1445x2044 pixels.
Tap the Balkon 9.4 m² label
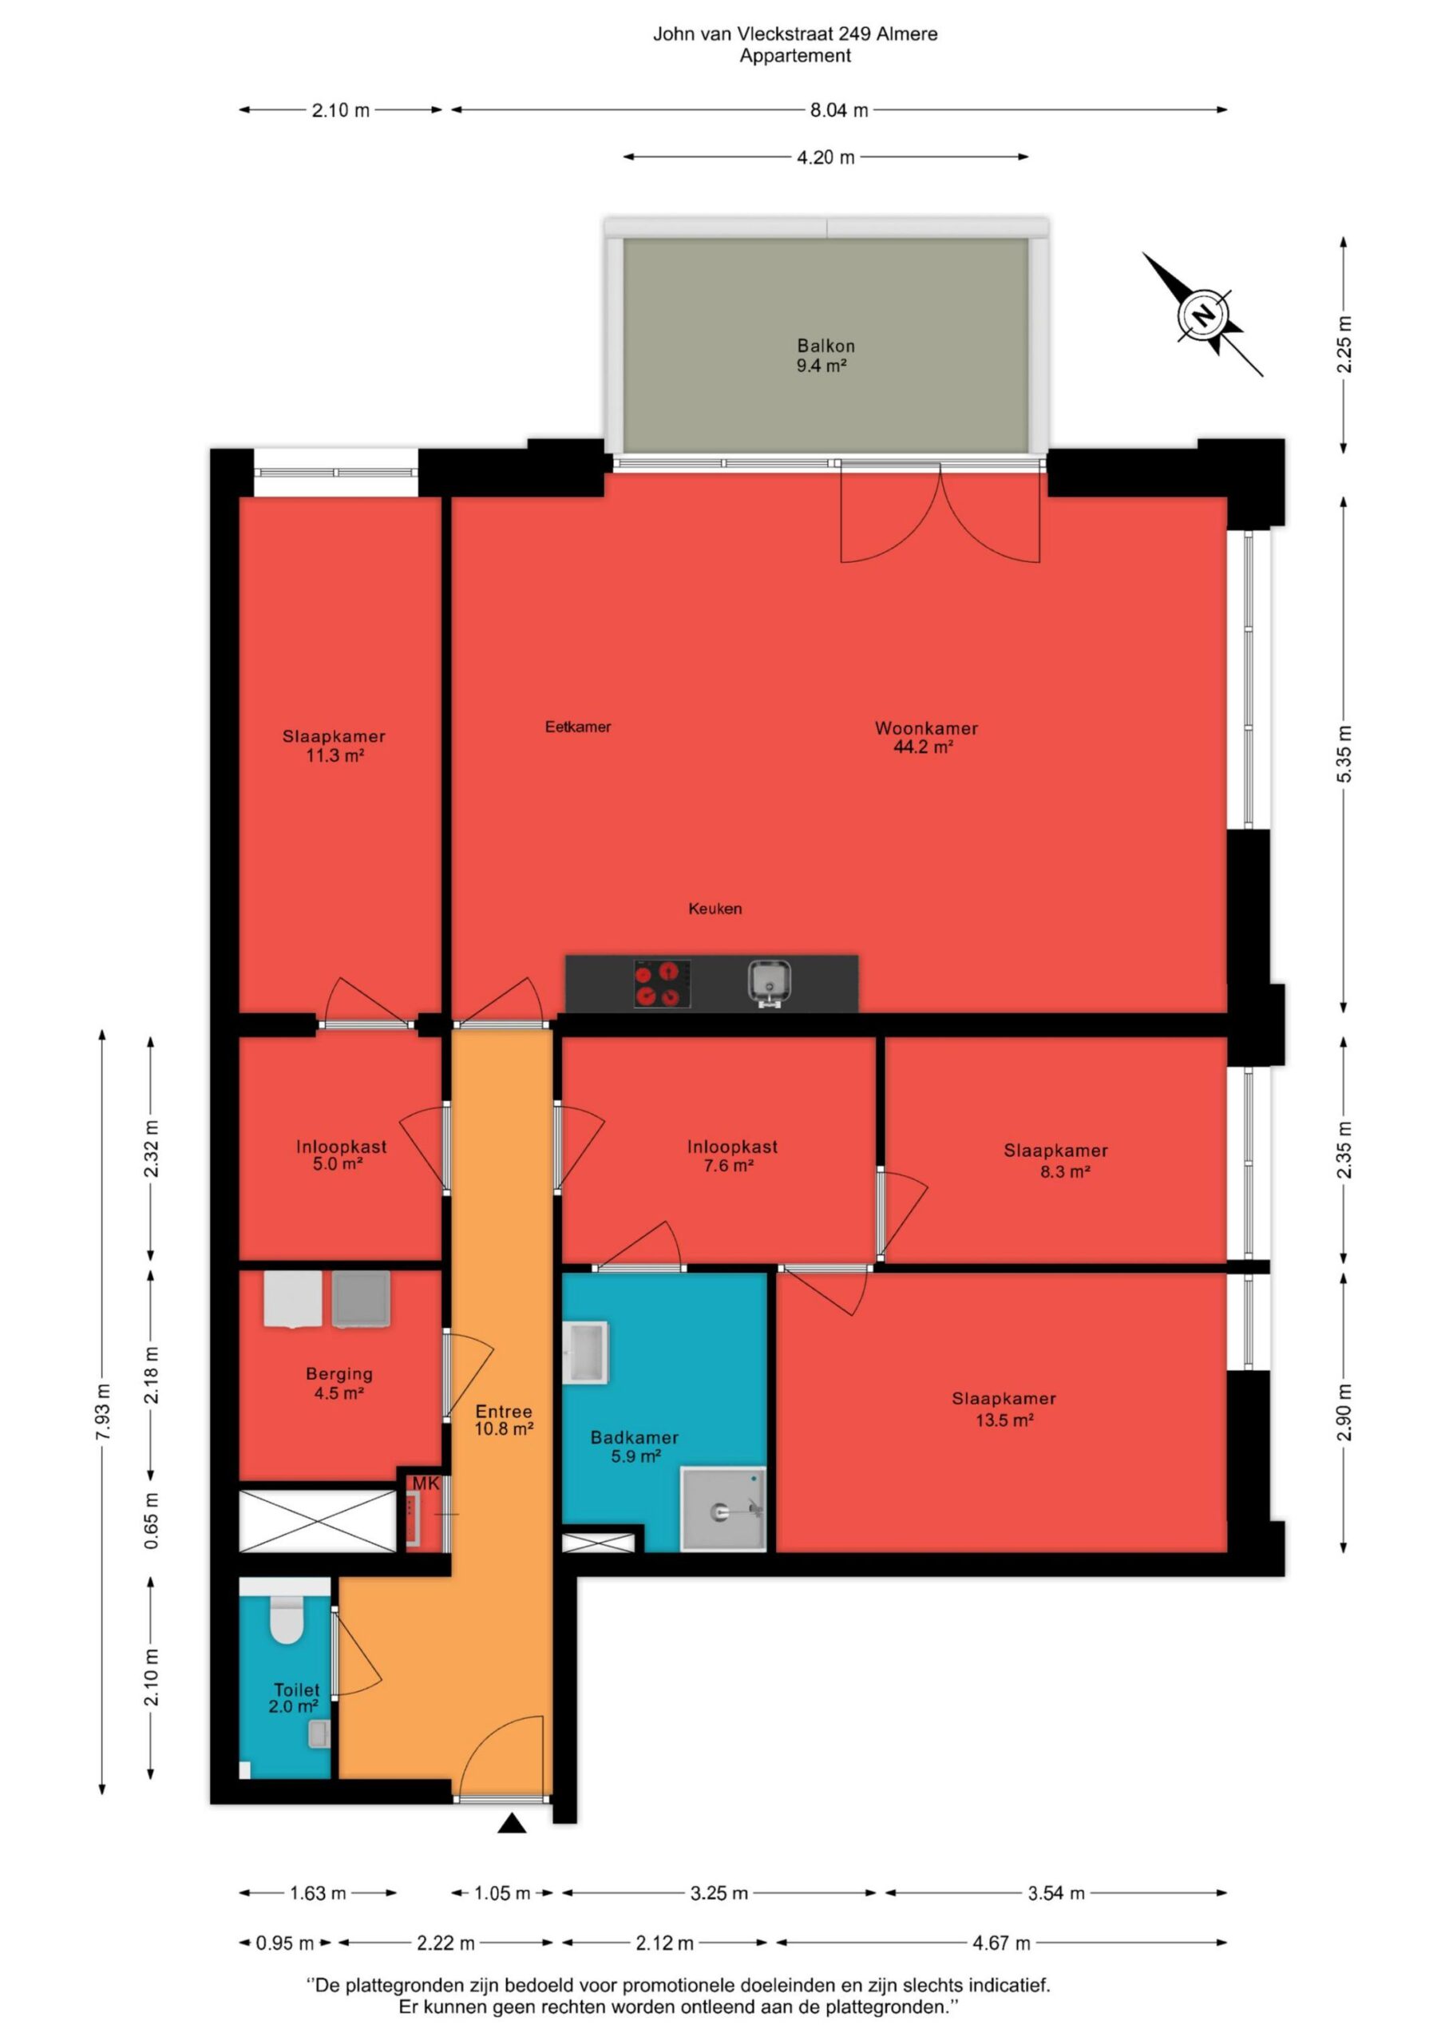pyautogui.click(x=825, y=355)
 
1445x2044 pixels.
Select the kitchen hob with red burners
pyautogui.click(x=662, y=984)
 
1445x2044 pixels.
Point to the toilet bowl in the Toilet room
pyautogui.click(x=287, y=1618)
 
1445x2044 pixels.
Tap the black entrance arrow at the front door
pyautogui.click(x=511, y=1824)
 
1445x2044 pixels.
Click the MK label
pyautogui.click(x=426, y=1484)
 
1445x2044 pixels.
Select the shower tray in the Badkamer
pyautogui.click(x=723, y=1509)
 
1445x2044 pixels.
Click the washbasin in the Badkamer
pyautogui.click(x=586, y=1353)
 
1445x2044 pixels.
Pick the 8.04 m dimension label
pyautogui.click(x=839, y=110)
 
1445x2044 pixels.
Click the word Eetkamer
pyautogui.click(x=578, y=727)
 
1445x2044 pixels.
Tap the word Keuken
pyautogui.click(x=715, y=909)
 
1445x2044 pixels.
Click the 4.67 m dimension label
pyautogui.click(x=1002, y=1943)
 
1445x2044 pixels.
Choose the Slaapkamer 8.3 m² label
pyautogui.click(x=1056, y=1161)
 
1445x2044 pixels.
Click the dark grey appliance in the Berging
pyautogui.click(x=361, y=1299)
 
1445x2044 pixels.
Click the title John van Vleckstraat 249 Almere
pyautogui.click(x=795, y=34)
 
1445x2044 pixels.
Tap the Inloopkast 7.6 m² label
pyautogui.click(x=732, y=1155)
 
